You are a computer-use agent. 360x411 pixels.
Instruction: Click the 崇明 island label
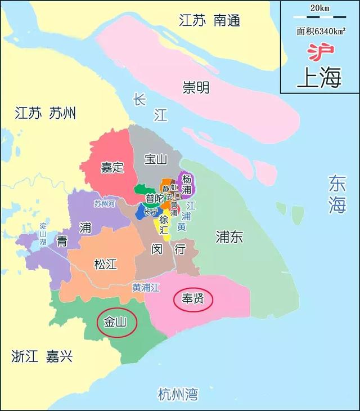(196, 87)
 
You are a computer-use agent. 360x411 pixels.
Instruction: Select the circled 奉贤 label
(193, 300)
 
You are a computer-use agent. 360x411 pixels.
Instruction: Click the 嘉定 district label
(112, 167)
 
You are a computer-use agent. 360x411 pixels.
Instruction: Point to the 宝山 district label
(156, 159)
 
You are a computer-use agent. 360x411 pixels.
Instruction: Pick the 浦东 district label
(229, 237)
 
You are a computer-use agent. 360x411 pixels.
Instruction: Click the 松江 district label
(105, 263)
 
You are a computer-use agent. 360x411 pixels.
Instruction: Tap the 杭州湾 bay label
(178, 394)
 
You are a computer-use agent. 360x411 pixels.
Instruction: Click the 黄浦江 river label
(146, 287)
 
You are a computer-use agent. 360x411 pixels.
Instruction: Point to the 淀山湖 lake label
(43, 233)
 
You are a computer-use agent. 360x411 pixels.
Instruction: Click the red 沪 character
(320, 52)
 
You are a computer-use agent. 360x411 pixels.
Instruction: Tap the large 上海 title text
(319, 77)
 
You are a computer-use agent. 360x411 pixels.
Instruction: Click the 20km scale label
(319, 7)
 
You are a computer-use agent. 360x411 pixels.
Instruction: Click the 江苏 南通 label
(209, 21)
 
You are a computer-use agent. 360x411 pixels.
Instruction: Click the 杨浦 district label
(187, 184)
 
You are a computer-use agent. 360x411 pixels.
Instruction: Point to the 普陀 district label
(154, 198)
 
